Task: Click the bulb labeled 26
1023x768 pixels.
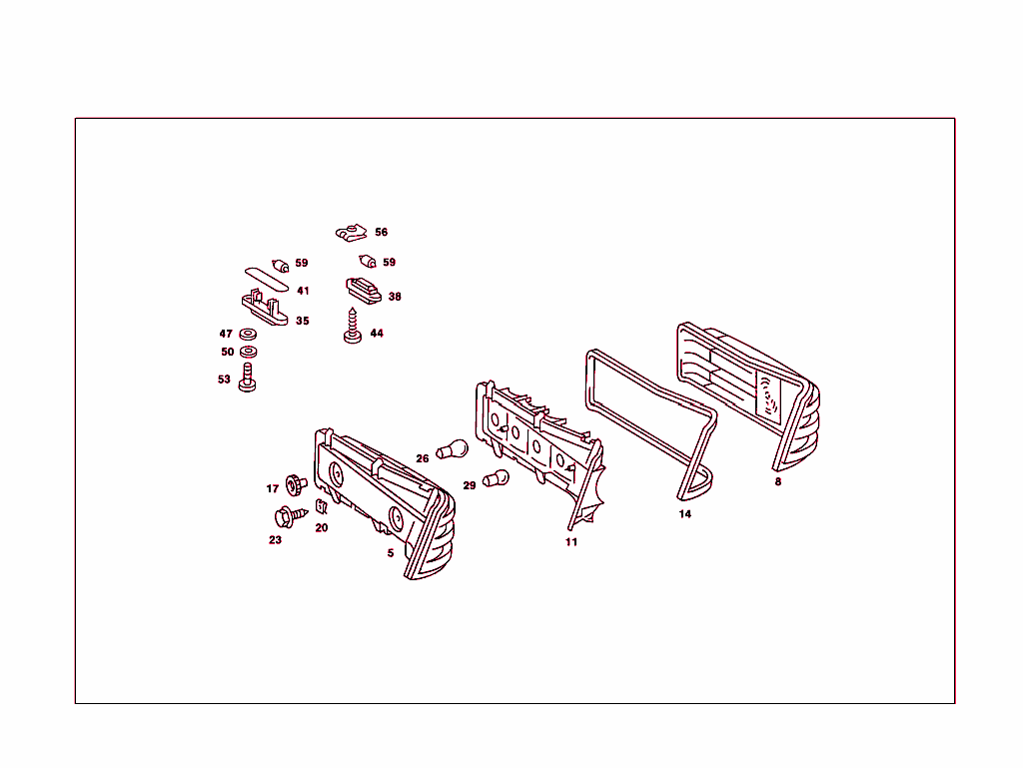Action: [453, 449]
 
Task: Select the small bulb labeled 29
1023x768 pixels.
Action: [496, 479]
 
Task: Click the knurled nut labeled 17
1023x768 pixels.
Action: [296, 484]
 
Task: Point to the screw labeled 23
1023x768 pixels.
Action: [290, 516]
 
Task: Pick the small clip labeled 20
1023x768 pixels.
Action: [321, 506]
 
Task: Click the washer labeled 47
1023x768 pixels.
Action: [248, 335]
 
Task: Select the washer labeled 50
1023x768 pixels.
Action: [249, 353]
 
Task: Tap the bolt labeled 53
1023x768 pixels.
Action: [248, 378]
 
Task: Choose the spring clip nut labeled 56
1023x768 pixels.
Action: [352, 233]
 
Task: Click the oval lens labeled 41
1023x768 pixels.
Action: [267, 279]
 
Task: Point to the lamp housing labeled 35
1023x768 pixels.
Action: [264, 309]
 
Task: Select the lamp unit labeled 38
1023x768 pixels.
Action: [364, 291]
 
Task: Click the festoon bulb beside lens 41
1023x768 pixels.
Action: [281, 266]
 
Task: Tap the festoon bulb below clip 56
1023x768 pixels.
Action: [368, 262]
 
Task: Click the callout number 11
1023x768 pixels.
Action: [571, 541]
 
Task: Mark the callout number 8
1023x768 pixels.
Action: [777, 481]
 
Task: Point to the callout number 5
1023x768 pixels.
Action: [391, 553]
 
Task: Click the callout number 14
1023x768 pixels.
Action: [685, 513]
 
